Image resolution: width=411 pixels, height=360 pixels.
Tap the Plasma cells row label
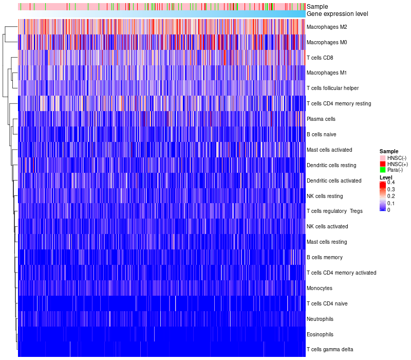(321, 119)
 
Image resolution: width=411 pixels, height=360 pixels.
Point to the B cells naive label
(321, 134)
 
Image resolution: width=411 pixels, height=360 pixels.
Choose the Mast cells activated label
(329, 150)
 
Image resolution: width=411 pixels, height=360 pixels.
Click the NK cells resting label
(325, 196)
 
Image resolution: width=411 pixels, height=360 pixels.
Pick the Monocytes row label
(320, 288)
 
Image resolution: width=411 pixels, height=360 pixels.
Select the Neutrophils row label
(321, 319)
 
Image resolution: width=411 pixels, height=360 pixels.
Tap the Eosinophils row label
(320, 334)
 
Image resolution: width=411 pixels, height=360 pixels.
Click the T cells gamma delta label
(330, 350)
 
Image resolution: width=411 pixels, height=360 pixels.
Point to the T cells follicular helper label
(332, 88)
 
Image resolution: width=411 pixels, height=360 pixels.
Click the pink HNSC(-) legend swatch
(383, 157)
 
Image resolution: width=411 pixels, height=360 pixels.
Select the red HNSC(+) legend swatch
(383, 164)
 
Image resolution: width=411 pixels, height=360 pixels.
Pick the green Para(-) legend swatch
(383, 170)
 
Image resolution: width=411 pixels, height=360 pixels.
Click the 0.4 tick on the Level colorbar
(391, 183)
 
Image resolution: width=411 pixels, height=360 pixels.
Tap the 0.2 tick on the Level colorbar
(391, 196)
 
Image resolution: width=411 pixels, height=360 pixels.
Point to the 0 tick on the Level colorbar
(389, 210)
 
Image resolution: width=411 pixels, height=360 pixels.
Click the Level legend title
(386, 177)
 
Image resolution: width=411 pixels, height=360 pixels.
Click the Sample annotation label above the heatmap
(317, 7)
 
